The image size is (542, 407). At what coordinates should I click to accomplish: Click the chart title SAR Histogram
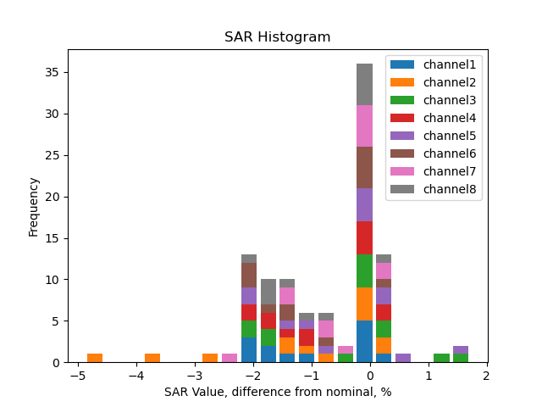(x=277, y=37)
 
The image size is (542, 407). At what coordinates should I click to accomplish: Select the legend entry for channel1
(x=450, y=64)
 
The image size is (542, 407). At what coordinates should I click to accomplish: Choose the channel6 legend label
(x=450, y=153)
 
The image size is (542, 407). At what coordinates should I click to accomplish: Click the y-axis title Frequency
(x=34, y=206)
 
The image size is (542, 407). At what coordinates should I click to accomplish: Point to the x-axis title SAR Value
(x=277, y=392)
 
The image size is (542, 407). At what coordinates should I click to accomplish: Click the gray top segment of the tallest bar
(x=365, y=84)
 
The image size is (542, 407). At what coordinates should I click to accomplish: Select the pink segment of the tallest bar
(x=365, y=125)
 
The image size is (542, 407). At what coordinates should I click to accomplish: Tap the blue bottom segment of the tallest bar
(x=365, y=341)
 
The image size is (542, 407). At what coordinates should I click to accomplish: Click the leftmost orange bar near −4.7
(x=95, y=358)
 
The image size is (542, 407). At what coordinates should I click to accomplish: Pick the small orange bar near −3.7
(x=152, y=358)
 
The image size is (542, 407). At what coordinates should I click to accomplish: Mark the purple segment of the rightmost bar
(x=461, y=350)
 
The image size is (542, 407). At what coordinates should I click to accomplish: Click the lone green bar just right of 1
(x=441, y=358)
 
